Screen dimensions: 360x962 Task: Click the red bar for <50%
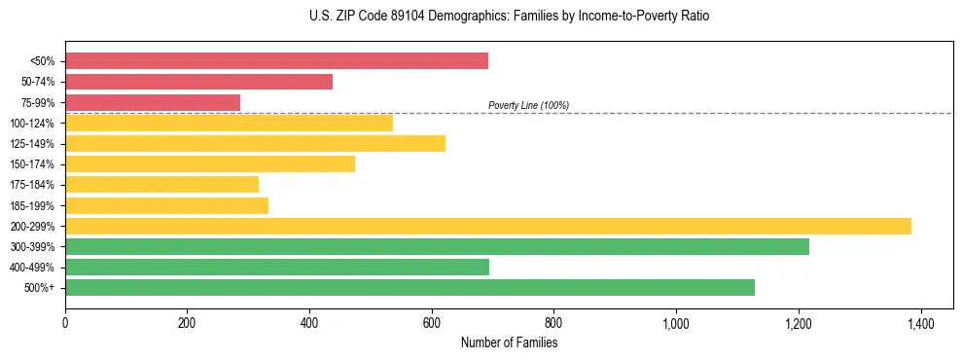[276, 61]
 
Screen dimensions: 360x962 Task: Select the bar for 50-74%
[198, 82]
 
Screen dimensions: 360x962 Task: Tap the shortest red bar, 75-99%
[153, 102]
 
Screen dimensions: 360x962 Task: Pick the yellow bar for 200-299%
[487, 226]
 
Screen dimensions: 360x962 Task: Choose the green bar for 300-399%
[437, 246]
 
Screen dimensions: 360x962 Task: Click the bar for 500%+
[410, 287]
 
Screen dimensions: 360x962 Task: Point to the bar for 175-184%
[161, 184]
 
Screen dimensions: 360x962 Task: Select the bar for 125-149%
[255, 143]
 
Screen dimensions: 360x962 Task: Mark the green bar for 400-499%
[277, 267]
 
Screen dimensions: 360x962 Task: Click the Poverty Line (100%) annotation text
[528, 105]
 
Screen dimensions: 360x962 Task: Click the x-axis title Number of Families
[509, 342]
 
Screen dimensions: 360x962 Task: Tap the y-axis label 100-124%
[33, 124]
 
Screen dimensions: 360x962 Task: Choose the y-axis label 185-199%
[33, 205]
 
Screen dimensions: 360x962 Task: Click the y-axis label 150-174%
[33, 164]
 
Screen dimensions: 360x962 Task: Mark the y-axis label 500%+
[39, 288]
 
